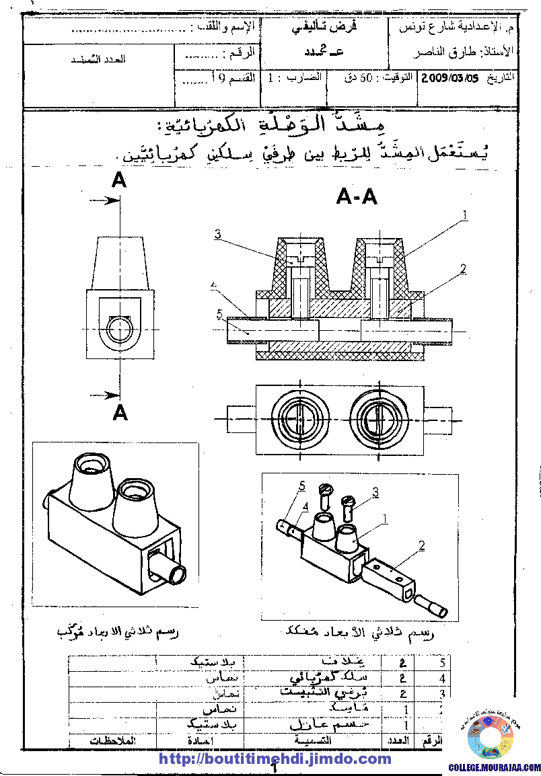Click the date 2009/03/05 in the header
coord(449,77)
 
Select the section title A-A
coord(356,196)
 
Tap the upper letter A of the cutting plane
coord(119,180)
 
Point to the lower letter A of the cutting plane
coord(120,412)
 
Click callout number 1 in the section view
coord(464,215)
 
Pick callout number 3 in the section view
coord(218,234)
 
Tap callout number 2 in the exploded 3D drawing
coord(422,546)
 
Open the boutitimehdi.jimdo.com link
coord(275,759)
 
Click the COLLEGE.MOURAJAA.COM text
coord(495,767)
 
